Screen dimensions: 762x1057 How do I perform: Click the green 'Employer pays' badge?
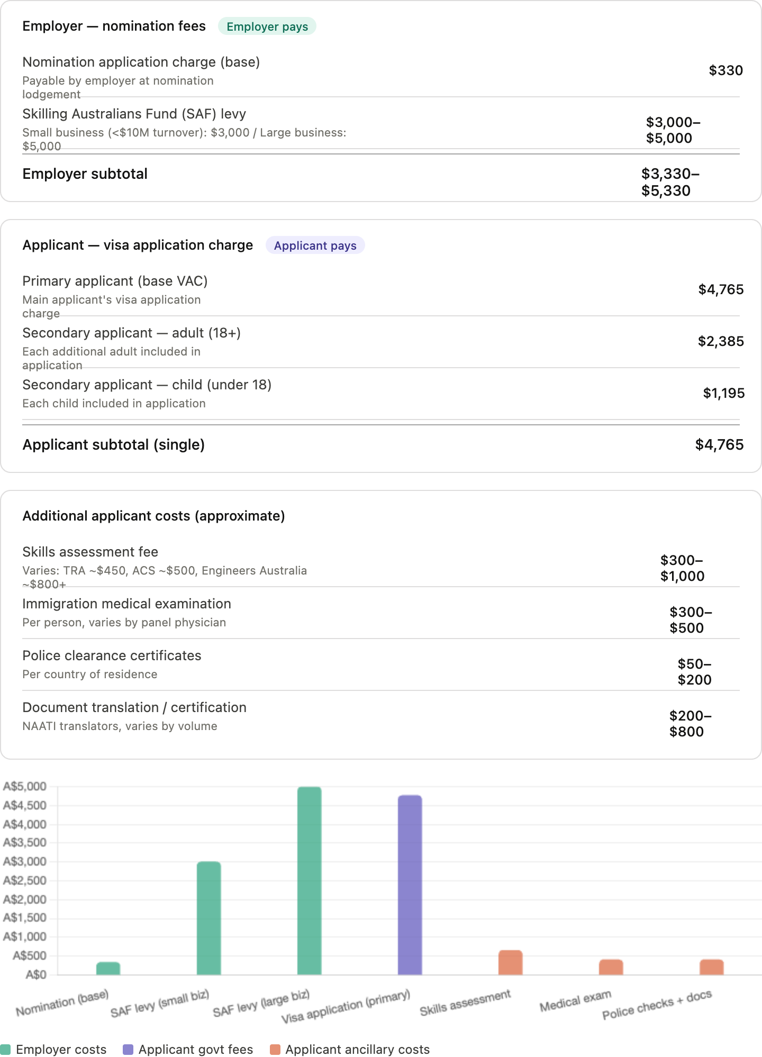click(267, 26)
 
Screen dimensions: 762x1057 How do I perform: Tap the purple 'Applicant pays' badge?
click(315, 245)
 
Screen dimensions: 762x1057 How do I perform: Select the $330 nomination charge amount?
click(725, 70)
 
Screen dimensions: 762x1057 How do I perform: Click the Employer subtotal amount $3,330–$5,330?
click(670, 182)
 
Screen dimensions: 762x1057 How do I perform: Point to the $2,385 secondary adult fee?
click(721, 341)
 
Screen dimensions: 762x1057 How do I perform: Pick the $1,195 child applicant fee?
click(723, 393)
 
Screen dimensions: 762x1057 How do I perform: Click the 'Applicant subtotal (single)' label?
click(113, 444)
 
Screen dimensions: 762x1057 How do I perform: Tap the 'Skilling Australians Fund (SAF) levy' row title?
click(134, 114)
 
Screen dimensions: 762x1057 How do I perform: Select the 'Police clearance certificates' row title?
click(112, 655)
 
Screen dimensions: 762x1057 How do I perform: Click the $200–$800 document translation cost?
click(691, 724)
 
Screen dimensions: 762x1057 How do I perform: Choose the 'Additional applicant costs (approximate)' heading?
click(153, 516)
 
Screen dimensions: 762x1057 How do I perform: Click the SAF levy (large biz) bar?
click(310, 881)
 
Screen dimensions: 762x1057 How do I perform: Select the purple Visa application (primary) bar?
click(410, 885)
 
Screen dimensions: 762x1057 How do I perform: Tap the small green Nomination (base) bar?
click(108, 969)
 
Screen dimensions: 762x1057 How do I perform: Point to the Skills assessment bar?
click(511, 963)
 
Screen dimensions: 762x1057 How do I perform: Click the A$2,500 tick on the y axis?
click(25, 880)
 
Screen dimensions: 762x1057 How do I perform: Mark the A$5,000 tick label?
click(25, 787)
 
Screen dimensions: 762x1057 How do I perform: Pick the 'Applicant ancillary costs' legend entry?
click(350, 1049)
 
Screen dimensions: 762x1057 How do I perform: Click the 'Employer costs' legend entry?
click(53, 1049)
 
